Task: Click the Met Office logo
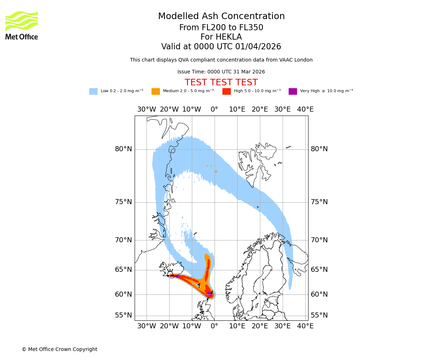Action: click(x=22, y=25)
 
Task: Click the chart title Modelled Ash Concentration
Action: click(x=221, y=17)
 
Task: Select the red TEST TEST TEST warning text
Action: click(x=221, y=82)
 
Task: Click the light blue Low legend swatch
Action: click(x=93, y=91)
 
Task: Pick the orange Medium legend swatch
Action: click(x=156, y=91)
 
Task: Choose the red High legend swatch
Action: click(x=226, y=91)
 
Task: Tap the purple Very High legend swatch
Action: click(x=293, y=91)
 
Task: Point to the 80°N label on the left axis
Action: click(x=123, y=149)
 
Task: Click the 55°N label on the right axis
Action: click(x=319, y=315)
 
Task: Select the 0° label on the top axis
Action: click(x=214, y=109)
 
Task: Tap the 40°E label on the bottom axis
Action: click(x=305, y=326)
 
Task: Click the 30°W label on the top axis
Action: click(x=147, y=109)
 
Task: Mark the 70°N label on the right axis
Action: click(x=319, y=240)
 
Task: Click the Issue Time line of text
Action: click(x=221, y=72)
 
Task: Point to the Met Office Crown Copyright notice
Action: click(x=59, y=349)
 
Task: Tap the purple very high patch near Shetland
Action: click(x=210, y=293)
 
